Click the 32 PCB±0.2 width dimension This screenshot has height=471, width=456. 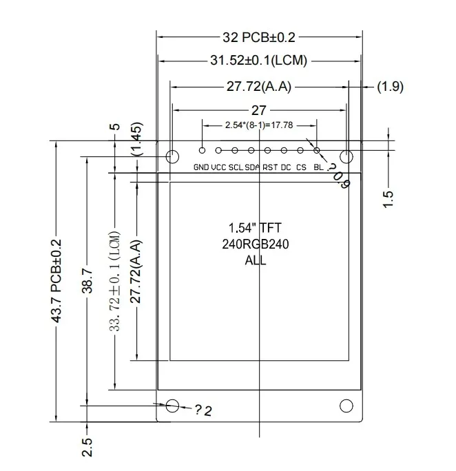click(x=259, y=36)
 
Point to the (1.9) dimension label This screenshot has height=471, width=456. click(x=390, y=87)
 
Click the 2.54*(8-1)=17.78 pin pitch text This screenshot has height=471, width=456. click(x=259, y=125)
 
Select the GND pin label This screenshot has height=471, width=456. click(x=201, y=167)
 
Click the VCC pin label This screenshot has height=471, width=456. click(x=218, y=167)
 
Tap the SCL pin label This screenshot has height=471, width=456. click(x=236, y=167)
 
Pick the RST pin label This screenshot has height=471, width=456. click(x=269, y=167)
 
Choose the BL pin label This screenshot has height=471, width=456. click(x=318, y=167)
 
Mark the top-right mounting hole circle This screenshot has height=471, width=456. click(x=346, y=156)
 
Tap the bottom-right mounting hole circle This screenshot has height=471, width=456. click(x=346, y=406)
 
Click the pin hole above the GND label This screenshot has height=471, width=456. click(x=202, y=149)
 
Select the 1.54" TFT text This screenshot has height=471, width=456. click(x=255, y=228)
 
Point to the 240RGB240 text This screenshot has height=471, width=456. click(x=255, y=244)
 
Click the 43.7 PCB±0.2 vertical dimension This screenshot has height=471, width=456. click(x=57, y=281)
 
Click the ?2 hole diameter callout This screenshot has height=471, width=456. click(x=203, y=411)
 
